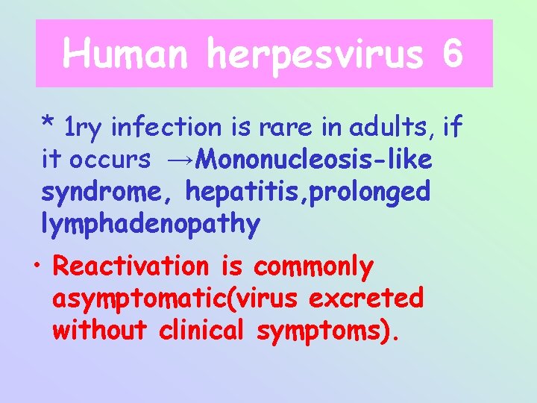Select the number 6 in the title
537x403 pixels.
pyautogui.click(x=452, y=54)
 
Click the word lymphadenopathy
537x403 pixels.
pyautogui.click(x=151, y=224)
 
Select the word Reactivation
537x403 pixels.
pyautogui.click(x=133, y=266)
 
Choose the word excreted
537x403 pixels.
pyautogui.click(x=366, y=299)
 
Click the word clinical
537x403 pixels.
pyautogui.click(x=204, y=331)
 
